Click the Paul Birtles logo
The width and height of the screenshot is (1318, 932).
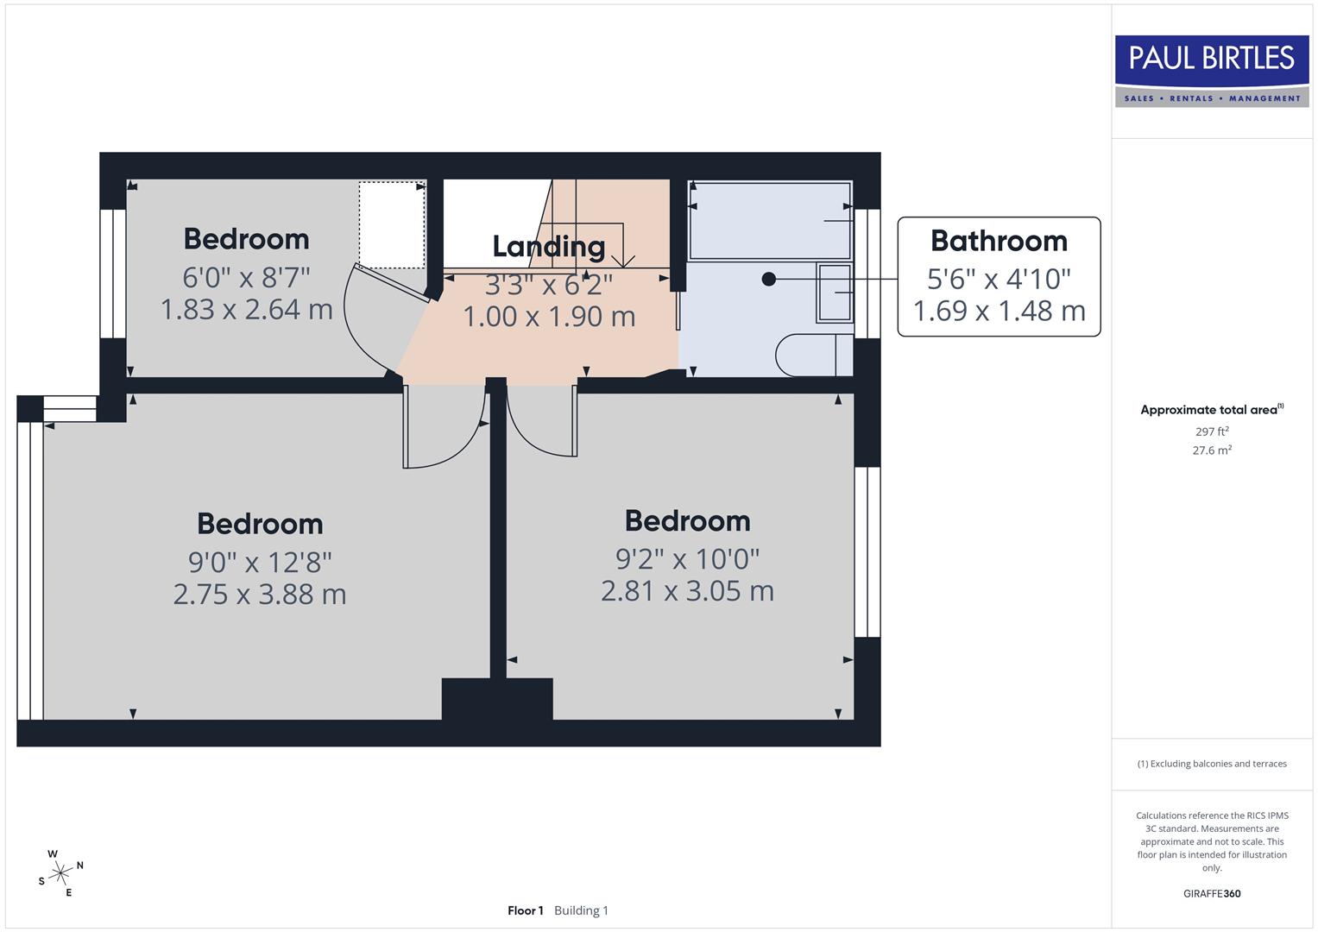click(x=1211, y=71)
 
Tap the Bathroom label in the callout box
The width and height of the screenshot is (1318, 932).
click(x=999, y=241)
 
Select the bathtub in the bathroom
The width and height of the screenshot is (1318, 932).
click(x=770, y=220)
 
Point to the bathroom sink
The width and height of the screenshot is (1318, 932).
click(x=834, y=293)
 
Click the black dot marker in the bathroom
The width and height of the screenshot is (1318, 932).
click(x=768, y=279)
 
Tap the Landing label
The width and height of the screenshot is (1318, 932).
click(x=548, y=247)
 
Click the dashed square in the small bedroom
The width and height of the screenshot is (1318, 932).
click(x=392, y=224)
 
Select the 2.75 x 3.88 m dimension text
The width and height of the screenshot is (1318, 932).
click(x=260, y=595)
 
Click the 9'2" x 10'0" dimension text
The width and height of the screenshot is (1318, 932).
click(x=687, y=559)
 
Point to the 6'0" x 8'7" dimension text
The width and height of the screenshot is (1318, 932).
click(x=246, y=278)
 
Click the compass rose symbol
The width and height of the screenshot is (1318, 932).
click(x=60, y=874)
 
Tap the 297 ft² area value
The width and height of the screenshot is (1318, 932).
click(x=1212, y=431)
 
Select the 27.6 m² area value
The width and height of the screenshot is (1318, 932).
click(x=1212, y=450)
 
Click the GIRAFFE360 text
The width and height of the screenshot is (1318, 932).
click(x=1212, y=893)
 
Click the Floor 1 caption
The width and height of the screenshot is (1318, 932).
click(x=525, y=910)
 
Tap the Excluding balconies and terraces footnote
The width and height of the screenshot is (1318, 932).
click(x=1212, y=764)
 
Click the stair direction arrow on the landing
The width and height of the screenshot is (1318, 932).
click(x=622, y=259)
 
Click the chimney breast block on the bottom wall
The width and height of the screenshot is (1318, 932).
click(x=497, y=700)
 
